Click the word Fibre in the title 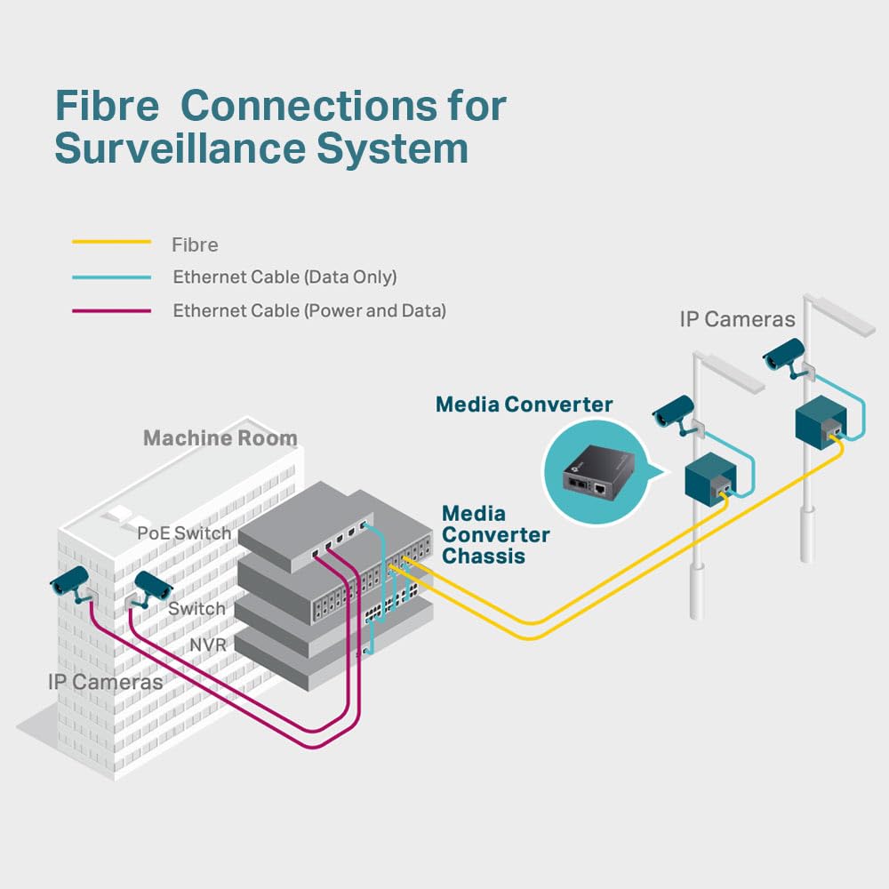(107, 106)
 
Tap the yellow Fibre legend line (111, 242)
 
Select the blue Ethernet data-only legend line (111, 277)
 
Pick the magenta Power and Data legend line (111, 311)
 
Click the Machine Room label (220, 438)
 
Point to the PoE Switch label (184, 533)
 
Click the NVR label (208, 644)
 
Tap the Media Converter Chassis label (495, 534)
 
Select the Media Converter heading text (524, 404)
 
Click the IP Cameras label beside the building (105, 682)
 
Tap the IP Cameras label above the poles (737, 319)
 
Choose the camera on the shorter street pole (673, 411)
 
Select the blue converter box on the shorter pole (709, 477)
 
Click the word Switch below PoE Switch (196, 609)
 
